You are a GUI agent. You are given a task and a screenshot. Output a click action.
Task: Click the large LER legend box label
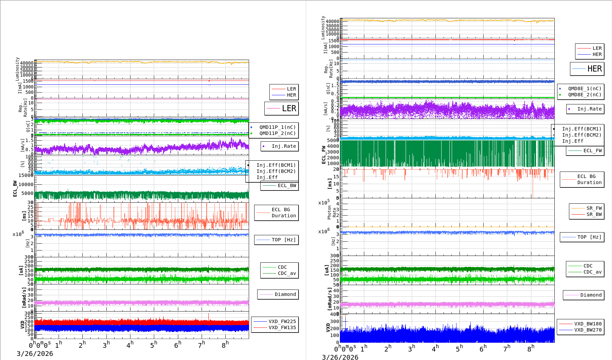[289, 108]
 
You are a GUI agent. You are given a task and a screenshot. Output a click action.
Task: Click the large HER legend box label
[594, 69]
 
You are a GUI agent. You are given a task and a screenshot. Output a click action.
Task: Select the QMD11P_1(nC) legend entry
[277, 127]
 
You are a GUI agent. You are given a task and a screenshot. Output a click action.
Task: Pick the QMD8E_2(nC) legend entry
[585, 95]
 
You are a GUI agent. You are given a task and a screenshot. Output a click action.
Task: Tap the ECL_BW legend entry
[287, 185]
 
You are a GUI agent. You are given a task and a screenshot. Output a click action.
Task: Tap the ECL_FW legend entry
[592, 151]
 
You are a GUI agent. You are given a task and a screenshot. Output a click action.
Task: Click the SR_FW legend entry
[594, 208]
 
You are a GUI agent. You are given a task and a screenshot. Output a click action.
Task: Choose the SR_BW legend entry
[594, 214]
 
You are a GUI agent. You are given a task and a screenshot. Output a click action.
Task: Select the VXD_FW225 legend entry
[282, 321]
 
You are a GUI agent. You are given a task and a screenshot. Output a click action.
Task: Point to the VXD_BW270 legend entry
[588, 330]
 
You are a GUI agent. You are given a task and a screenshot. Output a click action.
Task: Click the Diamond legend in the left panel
[285, 294]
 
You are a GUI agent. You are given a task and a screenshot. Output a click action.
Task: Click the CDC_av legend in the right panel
[592, 272]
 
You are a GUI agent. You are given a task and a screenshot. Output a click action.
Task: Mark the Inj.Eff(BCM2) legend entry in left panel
[276, 171]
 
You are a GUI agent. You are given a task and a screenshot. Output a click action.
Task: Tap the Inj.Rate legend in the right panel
[589, 109]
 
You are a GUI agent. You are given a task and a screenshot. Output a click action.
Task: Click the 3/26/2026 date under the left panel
[35, 354]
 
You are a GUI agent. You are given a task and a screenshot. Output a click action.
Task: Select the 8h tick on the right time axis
[530, 348]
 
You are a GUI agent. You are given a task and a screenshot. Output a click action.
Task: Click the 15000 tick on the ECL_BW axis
[26, 175]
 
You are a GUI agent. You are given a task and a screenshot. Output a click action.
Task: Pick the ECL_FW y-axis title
[324, 155]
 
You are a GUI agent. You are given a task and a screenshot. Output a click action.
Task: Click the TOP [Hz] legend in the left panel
[283, 240]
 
